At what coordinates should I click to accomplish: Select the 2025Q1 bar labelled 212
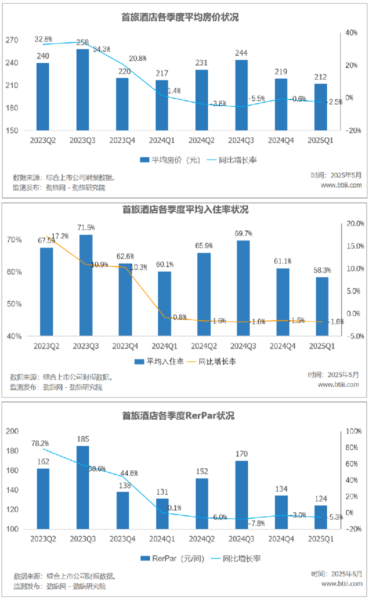pos(320,107)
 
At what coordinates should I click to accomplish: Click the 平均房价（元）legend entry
pos(170,160)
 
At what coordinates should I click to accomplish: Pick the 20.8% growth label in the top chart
pos(138,58)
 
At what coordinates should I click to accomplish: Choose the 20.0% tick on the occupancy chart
pos(355,223)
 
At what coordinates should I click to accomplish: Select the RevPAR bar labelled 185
pos(82,487)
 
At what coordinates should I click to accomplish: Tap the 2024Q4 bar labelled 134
pos(281,512)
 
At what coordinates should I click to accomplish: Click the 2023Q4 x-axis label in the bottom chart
pos(122,539)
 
